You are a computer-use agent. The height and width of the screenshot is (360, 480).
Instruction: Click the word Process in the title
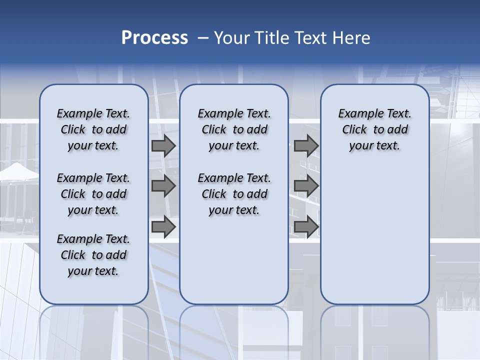point(154,37)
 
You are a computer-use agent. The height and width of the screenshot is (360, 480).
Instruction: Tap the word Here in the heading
point(351,37)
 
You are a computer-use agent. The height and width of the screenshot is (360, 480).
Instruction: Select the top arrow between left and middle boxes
point(163,146)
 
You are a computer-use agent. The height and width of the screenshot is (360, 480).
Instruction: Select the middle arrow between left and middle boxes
point(163,186)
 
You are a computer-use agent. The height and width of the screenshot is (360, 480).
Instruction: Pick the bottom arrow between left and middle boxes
point(163,227)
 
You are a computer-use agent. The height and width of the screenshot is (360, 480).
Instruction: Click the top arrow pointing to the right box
point(306,146)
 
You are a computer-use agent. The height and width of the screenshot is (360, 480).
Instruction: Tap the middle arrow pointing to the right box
point(306,186)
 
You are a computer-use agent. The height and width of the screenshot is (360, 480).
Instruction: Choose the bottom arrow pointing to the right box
point(306,227)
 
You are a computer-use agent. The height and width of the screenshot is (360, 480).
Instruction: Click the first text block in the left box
point(93,129)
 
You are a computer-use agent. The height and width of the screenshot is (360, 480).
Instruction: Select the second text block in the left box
point(93,194)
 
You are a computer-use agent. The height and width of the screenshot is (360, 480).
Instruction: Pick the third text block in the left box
point(93,255)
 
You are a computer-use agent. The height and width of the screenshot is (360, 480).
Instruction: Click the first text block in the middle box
point(234,129)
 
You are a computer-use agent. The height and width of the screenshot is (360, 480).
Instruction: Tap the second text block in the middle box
point(234,194)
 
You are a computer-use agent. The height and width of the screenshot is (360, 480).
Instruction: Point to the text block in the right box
point(374,129)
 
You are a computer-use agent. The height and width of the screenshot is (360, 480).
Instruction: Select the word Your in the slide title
point(230,37)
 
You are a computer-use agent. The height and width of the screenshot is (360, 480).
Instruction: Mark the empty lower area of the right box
point(374,235)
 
